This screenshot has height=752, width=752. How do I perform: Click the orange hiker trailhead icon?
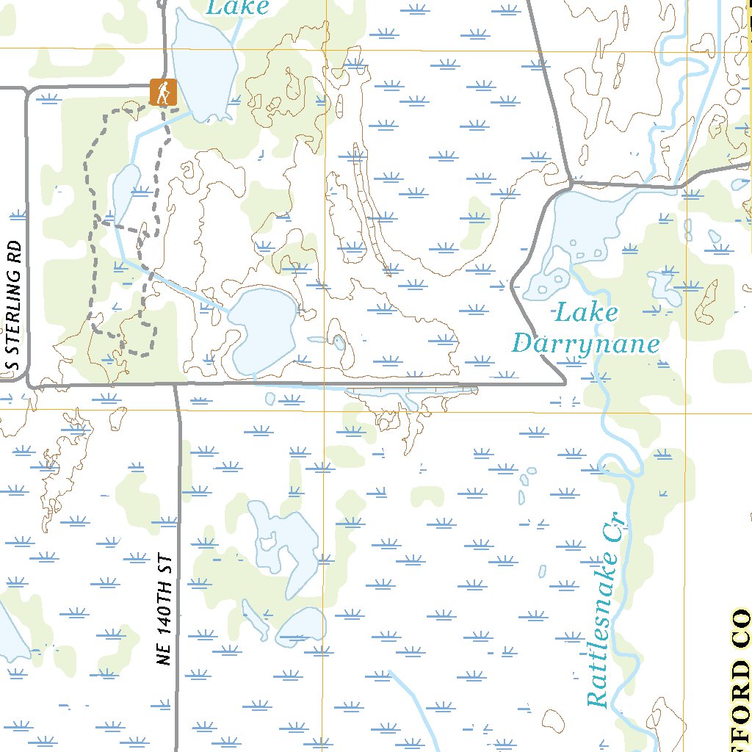163,92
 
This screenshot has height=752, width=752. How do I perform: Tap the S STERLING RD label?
13,306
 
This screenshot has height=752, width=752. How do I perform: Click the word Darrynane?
586,344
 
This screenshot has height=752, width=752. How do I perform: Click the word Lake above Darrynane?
586,312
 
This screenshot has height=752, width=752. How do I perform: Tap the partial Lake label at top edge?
238,8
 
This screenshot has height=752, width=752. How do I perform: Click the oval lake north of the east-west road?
264,330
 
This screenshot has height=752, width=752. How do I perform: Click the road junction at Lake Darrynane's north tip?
571,182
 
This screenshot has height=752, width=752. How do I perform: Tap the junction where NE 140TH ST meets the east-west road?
176,384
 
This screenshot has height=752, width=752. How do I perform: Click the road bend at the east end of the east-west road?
563,380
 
